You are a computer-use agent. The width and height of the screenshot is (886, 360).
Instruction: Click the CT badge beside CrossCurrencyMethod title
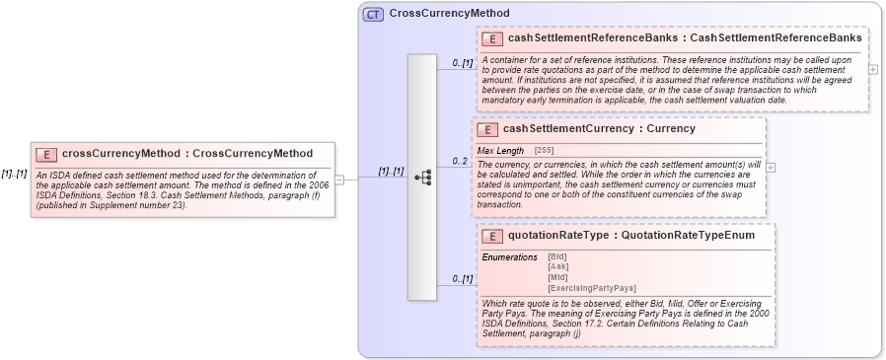373,14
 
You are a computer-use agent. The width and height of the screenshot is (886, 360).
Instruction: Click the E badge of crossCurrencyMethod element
46,154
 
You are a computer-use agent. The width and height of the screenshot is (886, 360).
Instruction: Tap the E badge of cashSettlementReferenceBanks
491,38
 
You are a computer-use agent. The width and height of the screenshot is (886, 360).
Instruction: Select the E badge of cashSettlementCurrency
486,129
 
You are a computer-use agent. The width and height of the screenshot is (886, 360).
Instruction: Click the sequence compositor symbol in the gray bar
423,178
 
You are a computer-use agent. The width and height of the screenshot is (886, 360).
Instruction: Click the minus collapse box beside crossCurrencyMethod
339,180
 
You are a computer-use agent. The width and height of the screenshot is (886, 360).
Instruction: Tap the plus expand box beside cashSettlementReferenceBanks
872,69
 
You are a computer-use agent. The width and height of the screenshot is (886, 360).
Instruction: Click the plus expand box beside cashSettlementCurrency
771,167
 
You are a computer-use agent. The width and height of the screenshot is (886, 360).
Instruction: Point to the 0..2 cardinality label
460,160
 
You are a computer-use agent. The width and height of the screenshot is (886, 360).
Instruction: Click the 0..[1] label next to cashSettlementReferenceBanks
462,63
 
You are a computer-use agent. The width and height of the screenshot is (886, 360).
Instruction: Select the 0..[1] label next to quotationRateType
462,279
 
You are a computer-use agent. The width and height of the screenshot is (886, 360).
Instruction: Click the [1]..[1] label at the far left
14,173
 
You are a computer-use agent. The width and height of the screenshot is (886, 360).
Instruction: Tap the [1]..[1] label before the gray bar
391,172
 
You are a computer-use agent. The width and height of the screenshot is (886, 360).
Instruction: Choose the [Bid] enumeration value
558,256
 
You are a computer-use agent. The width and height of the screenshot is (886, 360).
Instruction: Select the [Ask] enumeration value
558,266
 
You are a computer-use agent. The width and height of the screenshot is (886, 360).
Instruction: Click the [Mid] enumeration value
558,277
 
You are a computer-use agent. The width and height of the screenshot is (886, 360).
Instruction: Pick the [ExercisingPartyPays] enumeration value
590,288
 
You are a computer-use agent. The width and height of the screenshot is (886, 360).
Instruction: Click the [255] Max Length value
544,150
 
